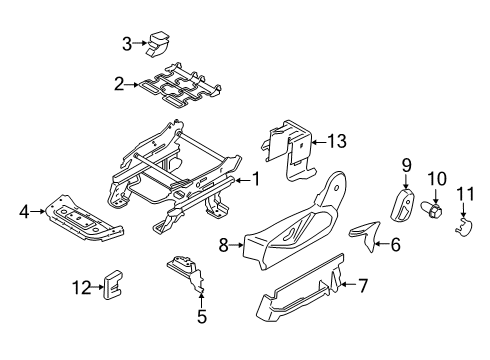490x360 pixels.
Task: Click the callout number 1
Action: pos(256,179)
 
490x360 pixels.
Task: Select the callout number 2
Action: pos(118,85)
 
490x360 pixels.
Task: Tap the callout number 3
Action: pos(127,42)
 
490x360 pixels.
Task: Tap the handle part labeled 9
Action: pos(403,208)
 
